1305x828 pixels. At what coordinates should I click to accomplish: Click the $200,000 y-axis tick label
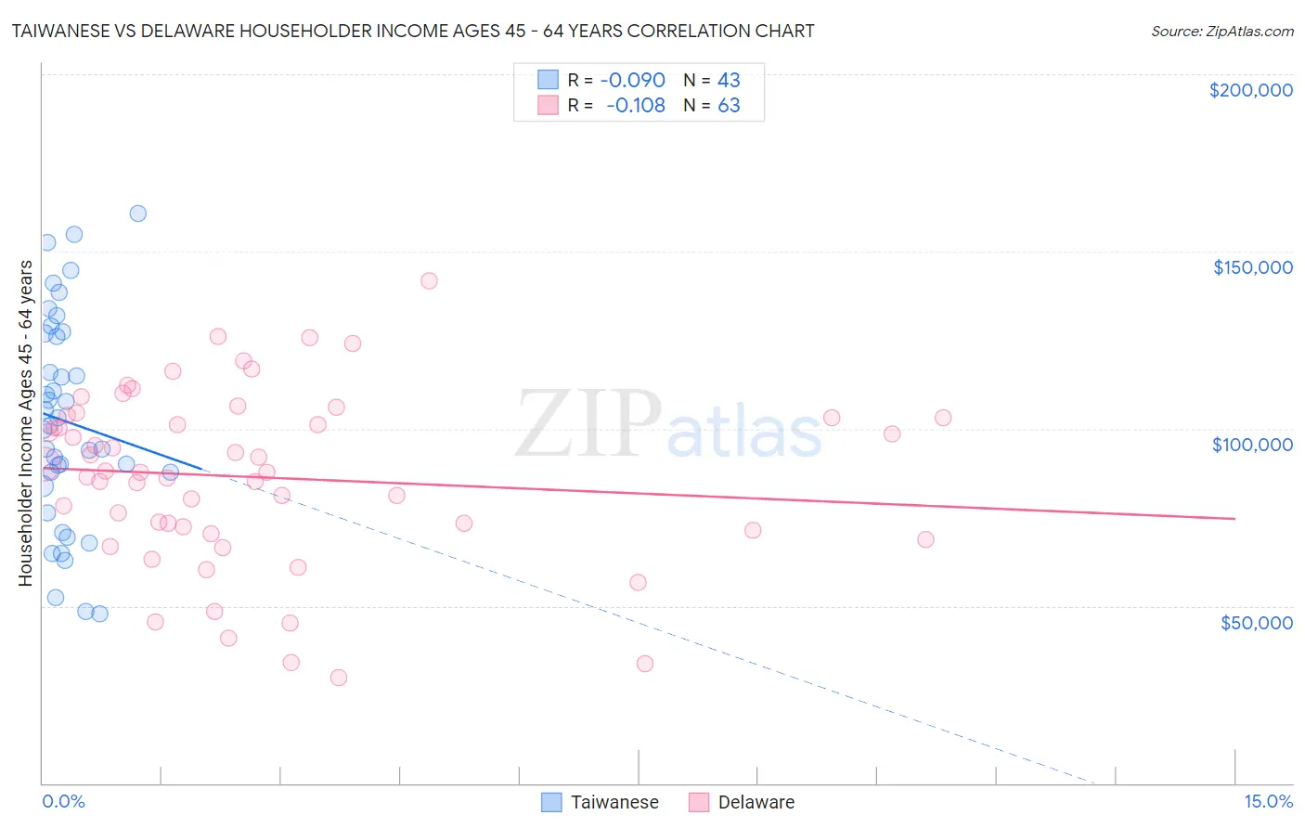[1250, 90]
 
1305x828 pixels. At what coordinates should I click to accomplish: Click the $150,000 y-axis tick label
[1252, 267]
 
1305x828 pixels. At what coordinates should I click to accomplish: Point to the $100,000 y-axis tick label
[1252, 445]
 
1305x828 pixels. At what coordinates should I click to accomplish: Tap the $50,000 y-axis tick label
[1256, 623]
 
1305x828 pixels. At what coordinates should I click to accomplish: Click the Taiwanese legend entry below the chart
[614, 803]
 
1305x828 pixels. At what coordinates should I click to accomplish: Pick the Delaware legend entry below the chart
[756, 803]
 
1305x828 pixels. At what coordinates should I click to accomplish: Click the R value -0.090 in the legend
[632, 80]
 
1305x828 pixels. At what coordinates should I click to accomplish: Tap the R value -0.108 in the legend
[635, 106]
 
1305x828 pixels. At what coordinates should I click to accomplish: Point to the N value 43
[729, 80]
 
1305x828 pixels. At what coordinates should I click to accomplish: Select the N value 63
[729, 106]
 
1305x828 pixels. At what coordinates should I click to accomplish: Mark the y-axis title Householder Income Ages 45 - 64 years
[25, 422]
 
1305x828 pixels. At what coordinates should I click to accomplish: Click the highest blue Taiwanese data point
[137, 213]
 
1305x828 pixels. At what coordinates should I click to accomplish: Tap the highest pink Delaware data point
[429, 280]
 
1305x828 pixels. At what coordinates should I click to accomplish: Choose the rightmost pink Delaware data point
[943, 418]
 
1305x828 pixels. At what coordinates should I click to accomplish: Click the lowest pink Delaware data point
[339, 678]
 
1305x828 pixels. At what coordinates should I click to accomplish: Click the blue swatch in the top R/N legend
[549, 80]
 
